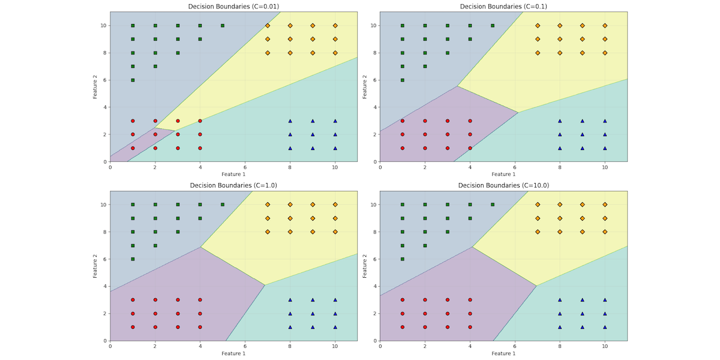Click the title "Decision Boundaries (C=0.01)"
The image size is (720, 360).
click(233, 7)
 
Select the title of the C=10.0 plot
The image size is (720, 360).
click(503, 185)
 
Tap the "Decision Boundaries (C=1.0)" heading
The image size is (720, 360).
click(233, 185)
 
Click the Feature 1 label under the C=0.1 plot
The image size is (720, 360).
click(503, 175)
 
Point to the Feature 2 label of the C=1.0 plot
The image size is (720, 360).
click(95, 266)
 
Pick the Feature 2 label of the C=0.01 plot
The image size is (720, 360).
click(95, 87)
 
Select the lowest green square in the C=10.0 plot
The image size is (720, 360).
click(403, 259)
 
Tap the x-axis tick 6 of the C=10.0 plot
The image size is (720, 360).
click(515, 346)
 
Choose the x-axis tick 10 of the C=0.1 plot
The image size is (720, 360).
click(605, 167)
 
